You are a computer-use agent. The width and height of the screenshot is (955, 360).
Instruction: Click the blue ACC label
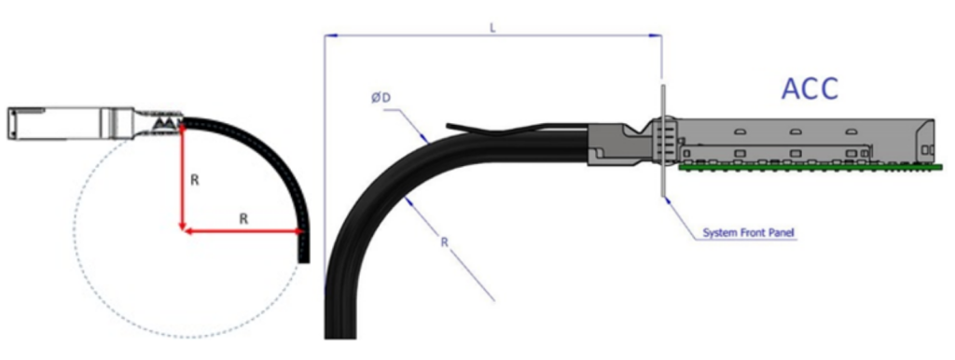(x=810, y=89)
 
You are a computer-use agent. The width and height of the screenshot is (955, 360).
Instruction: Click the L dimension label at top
(x=492, y=29)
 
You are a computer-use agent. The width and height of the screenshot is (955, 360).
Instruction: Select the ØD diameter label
(x=381, y=98)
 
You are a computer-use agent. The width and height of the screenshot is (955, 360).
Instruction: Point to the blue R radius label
(x=445, y=242)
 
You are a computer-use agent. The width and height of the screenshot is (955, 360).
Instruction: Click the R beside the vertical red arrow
(x=194, y=180)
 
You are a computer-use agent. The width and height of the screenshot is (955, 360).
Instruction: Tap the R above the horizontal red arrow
(x=243, y=218)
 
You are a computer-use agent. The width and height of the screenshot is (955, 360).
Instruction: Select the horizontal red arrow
(x=243, y=231)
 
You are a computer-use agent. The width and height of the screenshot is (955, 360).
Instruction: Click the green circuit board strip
(x=810, y=167)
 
